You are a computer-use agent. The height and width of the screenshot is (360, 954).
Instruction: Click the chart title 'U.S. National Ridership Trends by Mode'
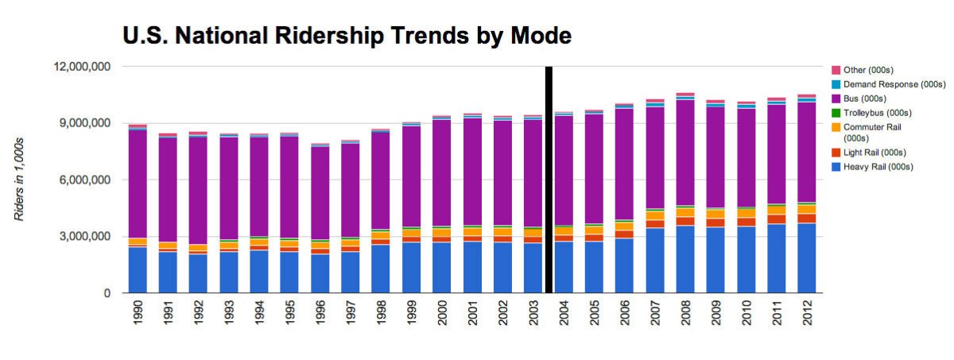347,36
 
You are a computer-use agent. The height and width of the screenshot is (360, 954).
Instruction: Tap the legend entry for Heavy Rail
878,167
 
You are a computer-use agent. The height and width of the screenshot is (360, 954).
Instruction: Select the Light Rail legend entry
874,152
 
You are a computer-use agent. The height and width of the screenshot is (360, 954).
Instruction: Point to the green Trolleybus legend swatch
836,113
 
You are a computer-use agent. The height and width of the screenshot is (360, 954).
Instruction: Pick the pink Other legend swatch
836,70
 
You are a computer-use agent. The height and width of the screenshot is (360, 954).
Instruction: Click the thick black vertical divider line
549,180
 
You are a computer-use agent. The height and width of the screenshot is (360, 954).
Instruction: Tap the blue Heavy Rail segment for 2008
684,259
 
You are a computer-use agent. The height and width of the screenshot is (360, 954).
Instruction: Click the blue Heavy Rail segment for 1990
138,270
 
